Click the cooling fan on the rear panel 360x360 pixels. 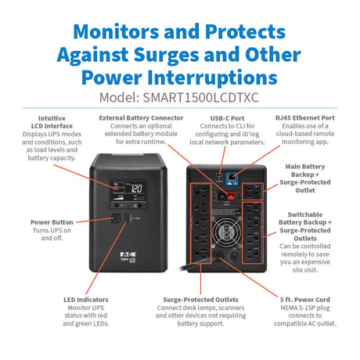pyautogui.click(x=232, y=259)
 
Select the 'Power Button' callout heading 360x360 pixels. pyautogui.click(x=51, y=222)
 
